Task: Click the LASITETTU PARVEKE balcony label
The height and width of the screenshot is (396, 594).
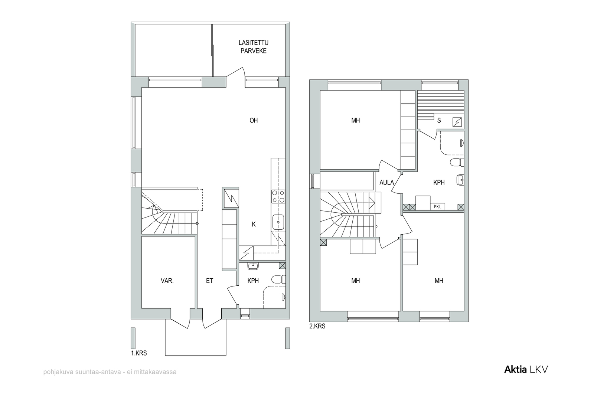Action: point(253,47)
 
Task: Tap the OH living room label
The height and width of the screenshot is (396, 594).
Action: point(254,120)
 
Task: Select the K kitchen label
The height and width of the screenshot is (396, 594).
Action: point(254,224)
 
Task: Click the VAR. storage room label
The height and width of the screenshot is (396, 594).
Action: point(167,281)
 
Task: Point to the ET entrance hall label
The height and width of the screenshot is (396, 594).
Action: point(209,281)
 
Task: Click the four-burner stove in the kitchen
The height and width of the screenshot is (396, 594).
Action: point(278,196)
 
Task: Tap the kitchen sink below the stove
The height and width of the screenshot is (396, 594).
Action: point(278,222)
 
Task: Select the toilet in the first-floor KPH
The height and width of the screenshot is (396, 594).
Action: point(278,279)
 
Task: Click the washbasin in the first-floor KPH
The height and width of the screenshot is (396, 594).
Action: point(253,266)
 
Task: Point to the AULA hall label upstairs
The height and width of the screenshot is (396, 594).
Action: point(386,182)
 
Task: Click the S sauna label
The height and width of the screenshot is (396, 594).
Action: point(439,120)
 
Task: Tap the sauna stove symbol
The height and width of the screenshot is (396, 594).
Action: point(457,122)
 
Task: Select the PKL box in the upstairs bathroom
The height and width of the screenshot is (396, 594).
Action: point(438,206)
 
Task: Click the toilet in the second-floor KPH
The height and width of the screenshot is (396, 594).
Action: point(457,162)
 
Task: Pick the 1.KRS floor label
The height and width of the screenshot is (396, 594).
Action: point(139,353)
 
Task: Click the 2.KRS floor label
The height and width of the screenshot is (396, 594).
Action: point(317,326)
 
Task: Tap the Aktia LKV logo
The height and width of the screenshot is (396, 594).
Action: point(526,370)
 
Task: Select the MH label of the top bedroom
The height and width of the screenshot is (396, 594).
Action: point(356,120)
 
